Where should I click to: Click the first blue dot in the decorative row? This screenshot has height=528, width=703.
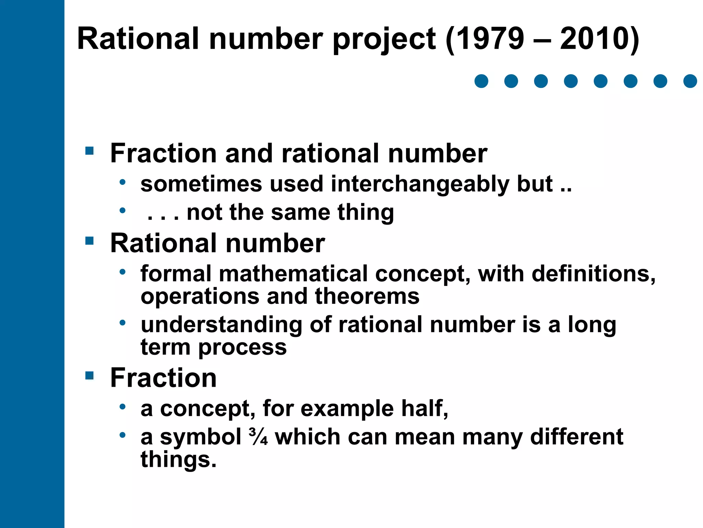[481, 81]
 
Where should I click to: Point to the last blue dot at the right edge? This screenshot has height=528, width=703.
[690, 81]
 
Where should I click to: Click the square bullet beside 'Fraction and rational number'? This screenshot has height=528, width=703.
[90, 151]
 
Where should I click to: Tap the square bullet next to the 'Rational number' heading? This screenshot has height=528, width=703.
[90, 241]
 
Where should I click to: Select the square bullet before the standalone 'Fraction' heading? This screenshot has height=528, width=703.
[90, 375]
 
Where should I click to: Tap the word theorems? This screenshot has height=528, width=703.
[367, 296]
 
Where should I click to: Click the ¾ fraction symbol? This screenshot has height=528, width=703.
[258, 437]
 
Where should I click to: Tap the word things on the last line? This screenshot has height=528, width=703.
[178, 460]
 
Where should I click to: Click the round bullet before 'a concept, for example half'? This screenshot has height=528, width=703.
[123, 407]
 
